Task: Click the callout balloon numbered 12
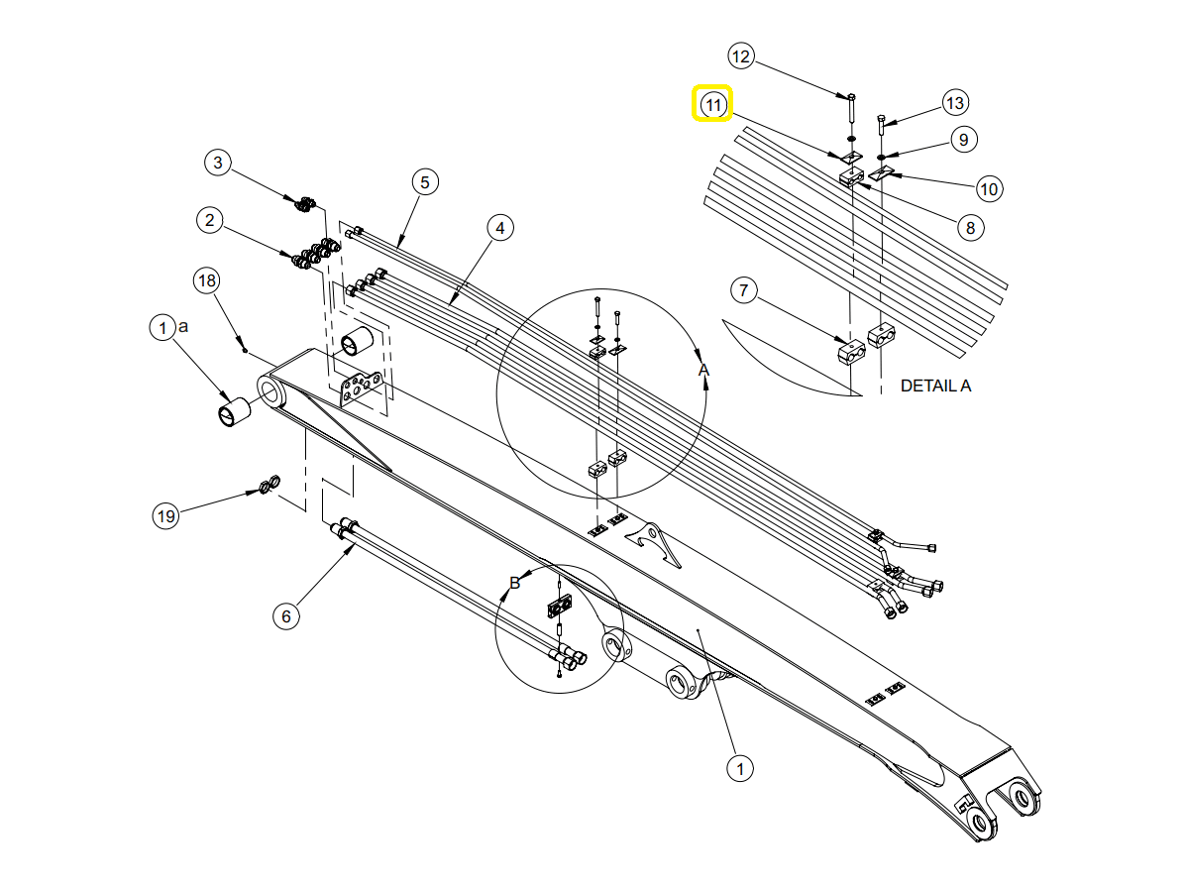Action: [740, 56]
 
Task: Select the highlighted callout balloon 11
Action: [712, 103]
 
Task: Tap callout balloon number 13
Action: [954, 102]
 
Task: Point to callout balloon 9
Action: [963, 140]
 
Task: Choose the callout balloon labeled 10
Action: [989, 187]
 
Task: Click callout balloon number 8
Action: [970, 228]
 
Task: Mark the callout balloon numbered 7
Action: [744, 291]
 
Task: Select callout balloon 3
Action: [219, 162]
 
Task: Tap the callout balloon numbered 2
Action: [208, 220]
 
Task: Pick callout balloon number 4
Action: [500, 228]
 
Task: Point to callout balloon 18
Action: [206, 280]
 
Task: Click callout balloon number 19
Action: [165, 515]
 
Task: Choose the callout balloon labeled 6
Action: [286, 615]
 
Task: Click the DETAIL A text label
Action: [935, 386]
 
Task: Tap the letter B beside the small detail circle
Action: [514, 583]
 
